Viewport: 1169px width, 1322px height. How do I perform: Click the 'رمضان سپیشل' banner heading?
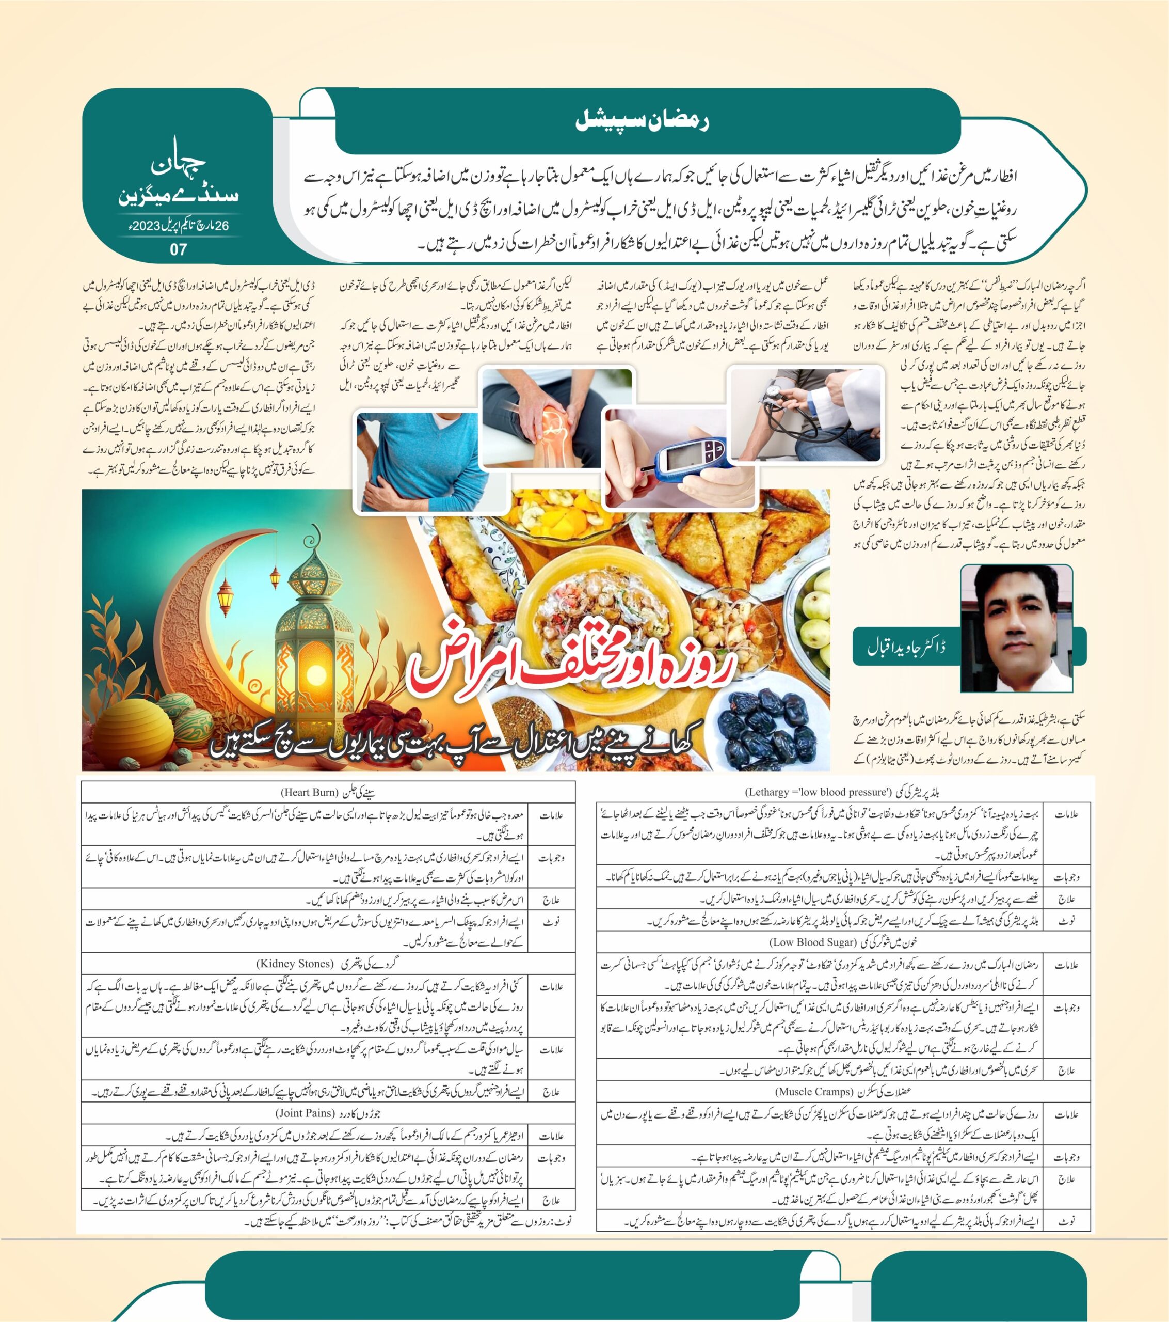[x=642, y=121]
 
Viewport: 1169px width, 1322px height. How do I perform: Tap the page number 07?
[x=179, y=249]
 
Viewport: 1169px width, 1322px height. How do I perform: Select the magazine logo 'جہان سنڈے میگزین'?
[x=179, y=181]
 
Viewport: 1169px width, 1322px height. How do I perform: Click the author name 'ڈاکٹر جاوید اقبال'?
[x=906, y=646]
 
